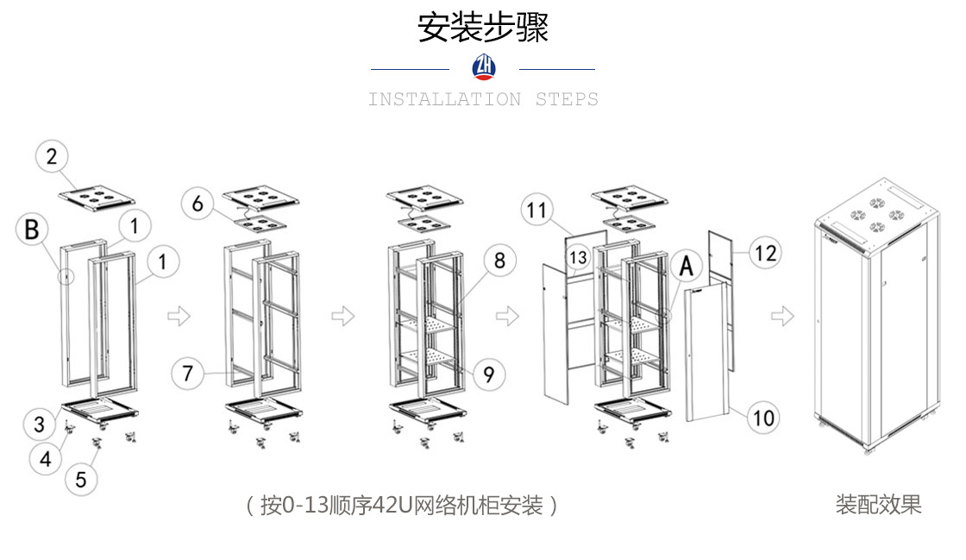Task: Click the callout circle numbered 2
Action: coord(52,157)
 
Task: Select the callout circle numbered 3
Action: coord(40,424)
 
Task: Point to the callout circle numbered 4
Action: coord(46,458)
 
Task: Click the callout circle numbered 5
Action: coord(81,479)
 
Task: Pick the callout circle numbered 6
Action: coord(198,204)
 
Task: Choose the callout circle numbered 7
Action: coord(188,374)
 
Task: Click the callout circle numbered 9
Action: coord(488,374)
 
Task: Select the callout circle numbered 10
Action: coord(762,418)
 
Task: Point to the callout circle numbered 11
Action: coord(537,210)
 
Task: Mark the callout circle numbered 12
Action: coord(764,253)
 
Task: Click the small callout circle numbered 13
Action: coord(579,258)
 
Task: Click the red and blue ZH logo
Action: coord(484,67)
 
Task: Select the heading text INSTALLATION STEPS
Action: coord(483,99)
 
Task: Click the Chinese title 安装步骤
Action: coord(483,28)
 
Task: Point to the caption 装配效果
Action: coord(878,505)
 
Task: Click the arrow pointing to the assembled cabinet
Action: coord(782,316)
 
